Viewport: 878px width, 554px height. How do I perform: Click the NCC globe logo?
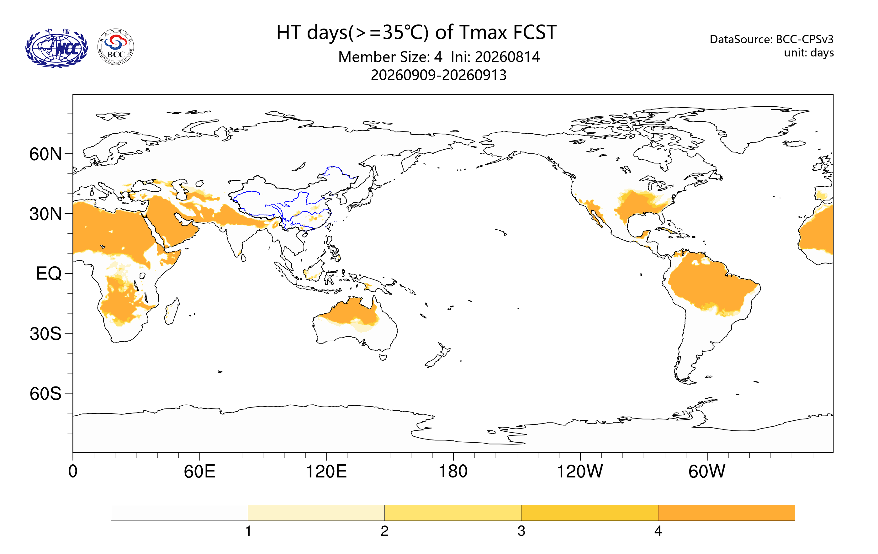point(56,48)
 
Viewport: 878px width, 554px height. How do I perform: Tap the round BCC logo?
point(116,47)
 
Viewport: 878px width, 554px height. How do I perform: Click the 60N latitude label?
point(45,154)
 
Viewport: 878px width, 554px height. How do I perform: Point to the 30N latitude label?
point(45,214)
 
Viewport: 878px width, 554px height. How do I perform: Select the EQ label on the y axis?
point(49,274)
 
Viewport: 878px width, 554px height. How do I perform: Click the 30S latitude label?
point(45,333)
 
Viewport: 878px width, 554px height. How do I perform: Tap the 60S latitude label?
point(45,393)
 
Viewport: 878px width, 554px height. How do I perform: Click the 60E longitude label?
point(199,471)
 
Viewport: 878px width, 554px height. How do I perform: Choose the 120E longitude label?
point(326,471)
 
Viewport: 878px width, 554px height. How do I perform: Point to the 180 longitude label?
point(453,471)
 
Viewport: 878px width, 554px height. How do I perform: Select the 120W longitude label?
point(580,471)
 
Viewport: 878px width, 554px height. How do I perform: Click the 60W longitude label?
point(706,471)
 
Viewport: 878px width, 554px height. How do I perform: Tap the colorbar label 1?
point(248,531)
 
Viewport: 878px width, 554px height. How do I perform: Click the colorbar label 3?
point(521,531)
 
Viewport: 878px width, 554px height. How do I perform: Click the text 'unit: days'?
point(809,53)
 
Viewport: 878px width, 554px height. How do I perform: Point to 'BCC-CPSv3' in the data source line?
point(804,39)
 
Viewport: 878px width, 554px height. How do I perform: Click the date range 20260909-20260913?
point(439,75)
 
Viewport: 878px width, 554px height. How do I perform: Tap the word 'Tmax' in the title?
point(484,32)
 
